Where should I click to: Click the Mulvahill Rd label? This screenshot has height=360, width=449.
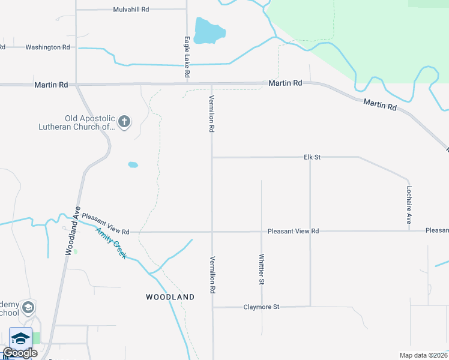[131, 10]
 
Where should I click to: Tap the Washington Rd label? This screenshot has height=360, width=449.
[47, 47]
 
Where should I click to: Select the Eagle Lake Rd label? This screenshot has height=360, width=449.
[187, 56]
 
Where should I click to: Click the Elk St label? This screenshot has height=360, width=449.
[313, 157]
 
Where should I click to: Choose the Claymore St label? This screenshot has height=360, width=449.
[261, 307]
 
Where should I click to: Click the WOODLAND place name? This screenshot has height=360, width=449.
[170, 297]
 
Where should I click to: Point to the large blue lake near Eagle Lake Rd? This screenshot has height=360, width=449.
[209, 31]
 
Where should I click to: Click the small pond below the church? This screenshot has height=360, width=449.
[133, 164]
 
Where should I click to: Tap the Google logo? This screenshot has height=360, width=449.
[20, 353]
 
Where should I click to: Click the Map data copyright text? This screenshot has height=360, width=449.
[423, 355]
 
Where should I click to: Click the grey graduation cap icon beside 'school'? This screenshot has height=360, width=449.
[28, 308]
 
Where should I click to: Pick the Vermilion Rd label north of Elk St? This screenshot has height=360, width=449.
[211, 113]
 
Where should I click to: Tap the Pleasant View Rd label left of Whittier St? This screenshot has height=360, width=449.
[106, 224]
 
